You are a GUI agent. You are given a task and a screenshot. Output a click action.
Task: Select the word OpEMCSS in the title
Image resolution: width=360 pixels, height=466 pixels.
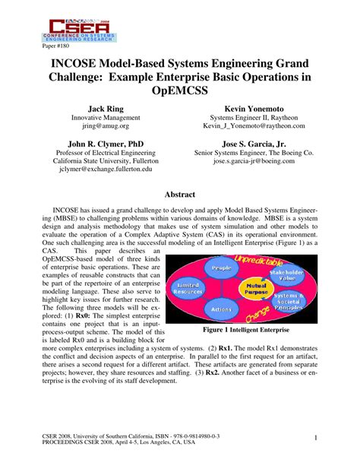pos(180,93)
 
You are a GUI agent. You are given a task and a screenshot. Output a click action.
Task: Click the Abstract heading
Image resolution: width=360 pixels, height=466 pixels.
pos(180,194)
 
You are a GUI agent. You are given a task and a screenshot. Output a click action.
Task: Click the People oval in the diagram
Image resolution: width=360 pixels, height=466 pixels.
pos(222,268)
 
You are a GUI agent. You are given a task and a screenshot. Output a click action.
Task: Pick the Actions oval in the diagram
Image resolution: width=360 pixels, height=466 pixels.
pos(220,309)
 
